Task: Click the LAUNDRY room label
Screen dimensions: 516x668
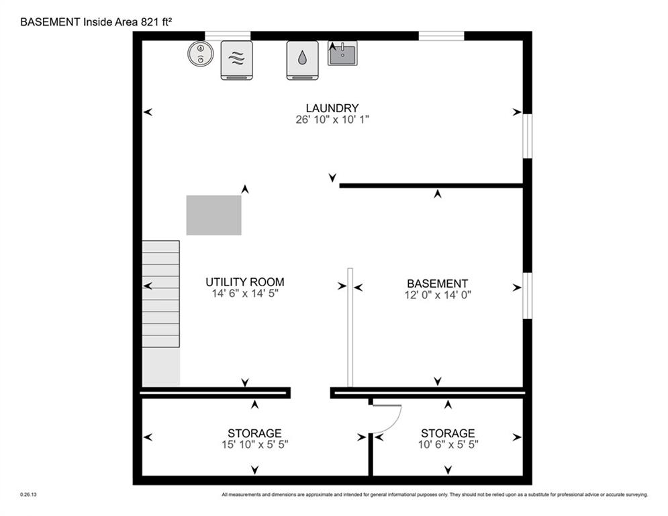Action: pos(332,108)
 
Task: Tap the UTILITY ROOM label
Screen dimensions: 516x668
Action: pos(244,282)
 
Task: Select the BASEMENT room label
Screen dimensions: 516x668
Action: pos(437,284)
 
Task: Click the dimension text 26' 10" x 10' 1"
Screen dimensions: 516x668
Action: pos(332,120)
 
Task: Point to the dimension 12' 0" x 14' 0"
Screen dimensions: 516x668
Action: pos(437,294)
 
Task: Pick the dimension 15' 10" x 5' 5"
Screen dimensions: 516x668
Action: pos(254,444)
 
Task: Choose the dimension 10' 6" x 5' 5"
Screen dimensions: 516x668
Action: pos(447,444)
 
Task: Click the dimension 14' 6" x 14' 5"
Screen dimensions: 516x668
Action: pos(244,294)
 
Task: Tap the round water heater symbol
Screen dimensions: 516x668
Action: pos(199,54)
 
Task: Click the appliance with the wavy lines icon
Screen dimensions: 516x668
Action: pos(236,60)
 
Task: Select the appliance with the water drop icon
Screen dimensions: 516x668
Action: pos(302,60)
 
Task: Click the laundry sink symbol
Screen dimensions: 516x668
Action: pos(342,53)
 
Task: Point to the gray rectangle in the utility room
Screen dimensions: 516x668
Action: pos(213,215)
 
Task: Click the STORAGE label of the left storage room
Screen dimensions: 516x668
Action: pos(254,433)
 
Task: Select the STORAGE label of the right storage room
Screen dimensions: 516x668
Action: pos(447,433)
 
